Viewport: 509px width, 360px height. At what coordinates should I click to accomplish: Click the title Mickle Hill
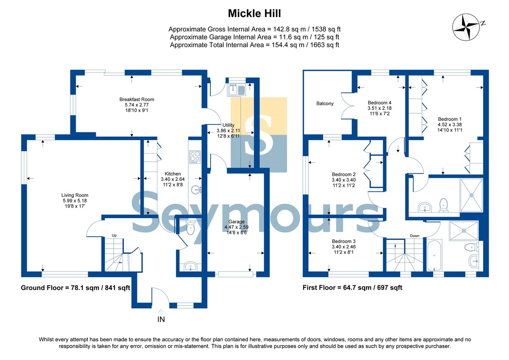tap(254, 14)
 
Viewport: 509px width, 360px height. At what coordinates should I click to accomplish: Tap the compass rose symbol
tap(466, 27)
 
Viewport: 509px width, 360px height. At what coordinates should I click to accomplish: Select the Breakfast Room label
tap(137, 99)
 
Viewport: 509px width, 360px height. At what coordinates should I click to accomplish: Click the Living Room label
tap(75, 195)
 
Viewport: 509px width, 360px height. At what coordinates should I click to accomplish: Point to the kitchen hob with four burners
tap(195, 157)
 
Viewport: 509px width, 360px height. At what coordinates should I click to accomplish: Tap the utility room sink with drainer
tap(237, 90)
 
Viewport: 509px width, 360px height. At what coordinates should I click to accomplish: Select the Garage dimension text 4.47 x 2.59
tap(236, 227)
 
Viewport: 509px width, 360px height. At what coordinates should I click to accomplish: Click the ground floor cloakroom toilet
tap(190, 228)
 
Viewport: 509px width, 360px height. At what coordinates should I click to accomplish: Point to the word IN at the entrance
tap(161, 320)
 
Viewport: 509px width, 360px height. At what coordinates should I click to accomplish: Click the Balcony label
tap(325, 104)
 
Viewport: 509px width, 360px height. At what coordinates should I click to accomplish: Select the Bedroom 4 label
tap(380, 103)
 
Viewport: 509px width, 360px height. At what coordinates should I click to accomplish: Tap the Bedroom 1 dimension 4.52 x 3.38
tap(450, 125)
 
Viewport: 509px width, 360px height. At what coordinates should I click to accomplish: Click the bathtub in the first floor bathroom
tap(434, 255)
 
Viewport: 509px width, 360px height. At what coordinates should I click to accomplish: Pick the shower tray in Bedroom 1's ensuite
tap(471, 195)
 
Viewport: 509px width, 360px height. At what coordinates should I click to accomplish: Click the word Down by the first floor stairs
tap(414, 236)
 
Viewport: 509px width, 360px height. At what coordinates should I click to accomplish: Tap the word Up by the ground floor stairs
tap(114, 236)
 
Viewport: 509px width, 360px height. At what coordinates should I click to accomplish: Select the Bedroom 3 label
tap(344, 241)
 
